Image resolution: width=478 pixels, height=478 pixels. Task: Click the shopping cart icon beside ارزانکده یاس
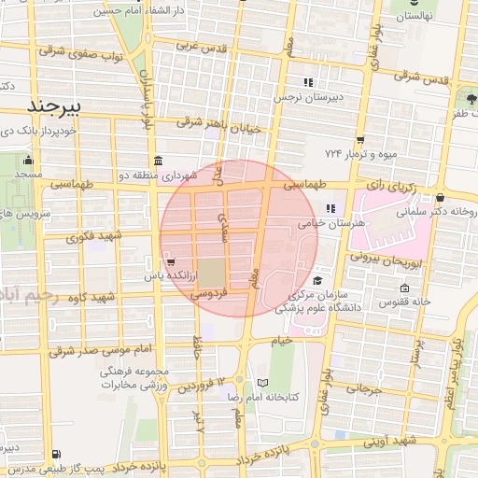coord(169,260)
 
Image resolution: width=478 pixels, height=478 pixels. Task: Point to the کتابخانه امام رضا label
coord(291,397)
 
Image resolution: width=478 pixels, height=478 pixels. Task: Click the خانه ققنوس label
coord(404,301)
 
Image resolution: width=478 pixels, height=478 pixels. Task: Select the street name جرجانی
coord(371,388)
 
